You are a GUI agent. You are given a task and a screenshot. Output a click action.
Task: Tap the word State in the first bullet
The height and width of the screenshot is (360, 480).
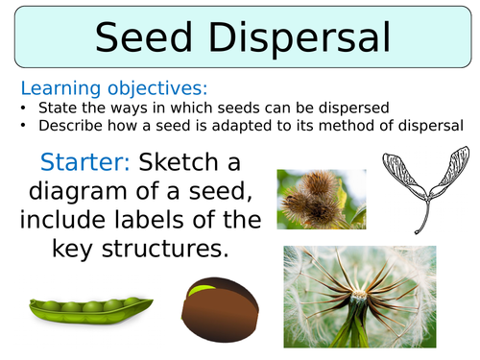point(55,108)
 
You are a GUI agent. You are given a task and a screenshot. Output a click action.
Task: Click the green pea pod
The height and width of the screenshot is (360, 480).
point(88,309)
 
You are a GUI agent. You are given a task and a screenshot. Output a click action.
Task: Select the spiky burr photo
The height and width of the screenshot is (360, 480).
point(321,199)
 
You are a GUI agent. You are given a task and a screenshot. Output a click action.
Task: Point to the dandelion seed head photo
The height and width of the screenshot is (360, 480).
point(359,297)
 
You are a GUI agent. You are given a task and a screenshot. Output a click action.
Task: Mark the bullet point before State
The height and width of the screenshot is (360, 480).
point(24,108)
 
